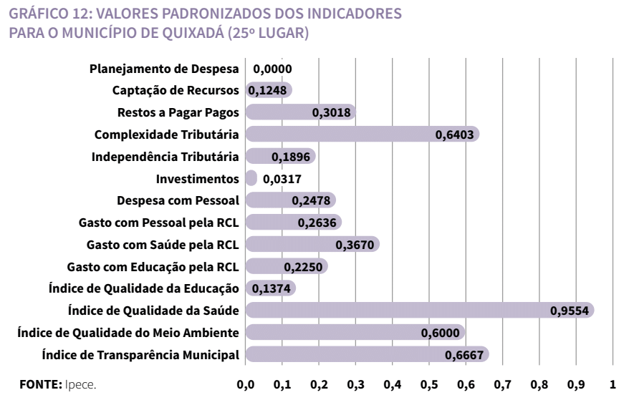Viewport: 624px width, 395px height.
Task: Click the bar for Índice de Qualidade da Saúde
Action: pyautogui.click(x=419, y=310)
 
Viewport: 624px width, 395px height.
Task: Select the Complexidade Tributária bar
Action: pyautogui.click(x=362, y=134)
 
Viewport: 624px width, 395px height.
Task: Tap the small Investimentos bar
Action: pyautogui.click(x=251, y=178)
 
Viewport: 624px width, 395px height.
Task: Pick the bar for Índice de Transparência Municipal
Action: pyautogui.click(x=367, y=354)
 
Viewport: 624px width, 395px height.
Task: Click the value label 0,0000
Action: pyautogui.click(x=273, y=69)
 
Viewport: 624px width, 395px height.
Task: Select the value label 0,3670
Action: pyautogui.click(x=355, y=245)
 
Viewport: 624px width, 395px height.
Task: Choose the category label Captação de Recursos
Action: pyautogui.click(x=176, y=90)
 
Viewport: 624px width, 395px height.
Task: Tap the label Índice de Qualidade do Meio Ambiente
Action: pyautogui.click(x=128, y=332)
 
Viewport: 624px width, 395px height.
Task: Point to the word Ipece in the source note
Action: pyautogui.click(x=80, y=384)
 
